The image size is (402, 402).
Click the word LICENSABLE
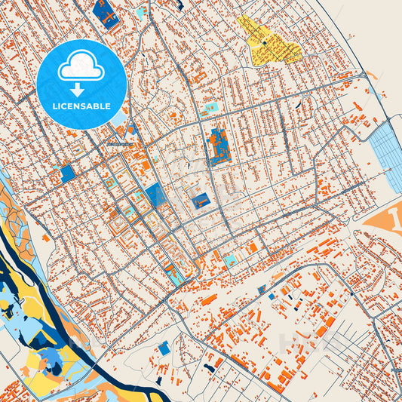coord(81,106)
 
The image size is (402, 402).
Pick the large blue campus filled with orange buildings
coord(219,146)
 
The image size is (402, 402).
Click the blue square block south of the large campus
coord(201,201)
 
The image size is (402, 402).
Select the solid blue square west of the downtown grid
coord(68,173)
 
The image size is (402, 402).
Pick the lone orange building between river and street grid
coord(46,238)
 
